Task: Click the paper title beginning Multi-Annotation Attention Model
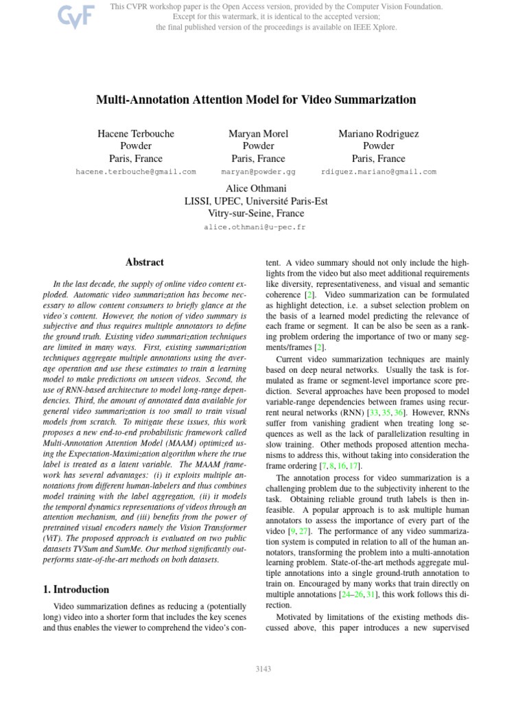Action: click(x=256, y=100)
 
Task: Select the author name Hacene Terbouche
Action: click(x=136, y=133)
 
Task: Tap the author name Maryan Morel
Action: click(x=258, y=133)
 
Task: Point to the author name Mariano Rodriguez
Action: click(x=378, y=133)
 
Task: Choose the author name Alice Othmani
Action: click(x=255, y=188)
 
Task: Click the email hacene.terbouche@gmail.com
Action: click(x=136, y=172)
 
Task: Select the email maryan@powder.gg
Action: click(x=258, y=172)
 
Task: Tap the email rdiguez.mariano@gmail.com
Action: click(x=378, y=172)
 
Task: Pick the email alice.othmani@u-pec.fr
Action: click(x=255, y=227)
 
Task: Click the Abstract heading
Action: click(x=145, y=262)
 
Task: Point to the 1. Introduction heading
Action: click(x=72, y=589)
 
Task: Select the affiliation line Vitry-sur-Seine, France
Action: click(x=255, y=214)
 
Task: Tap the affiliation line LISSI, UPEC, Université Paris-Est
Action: click(x=255, y=201)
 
